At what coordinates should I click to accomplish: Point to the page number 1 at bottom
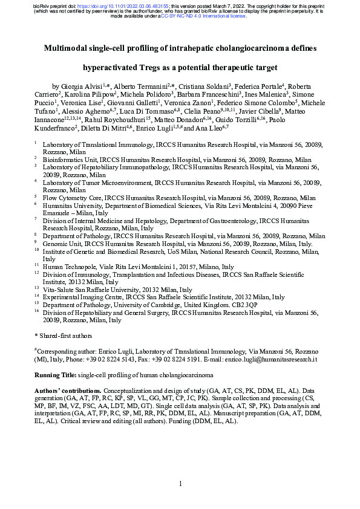tap(180, 484)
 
